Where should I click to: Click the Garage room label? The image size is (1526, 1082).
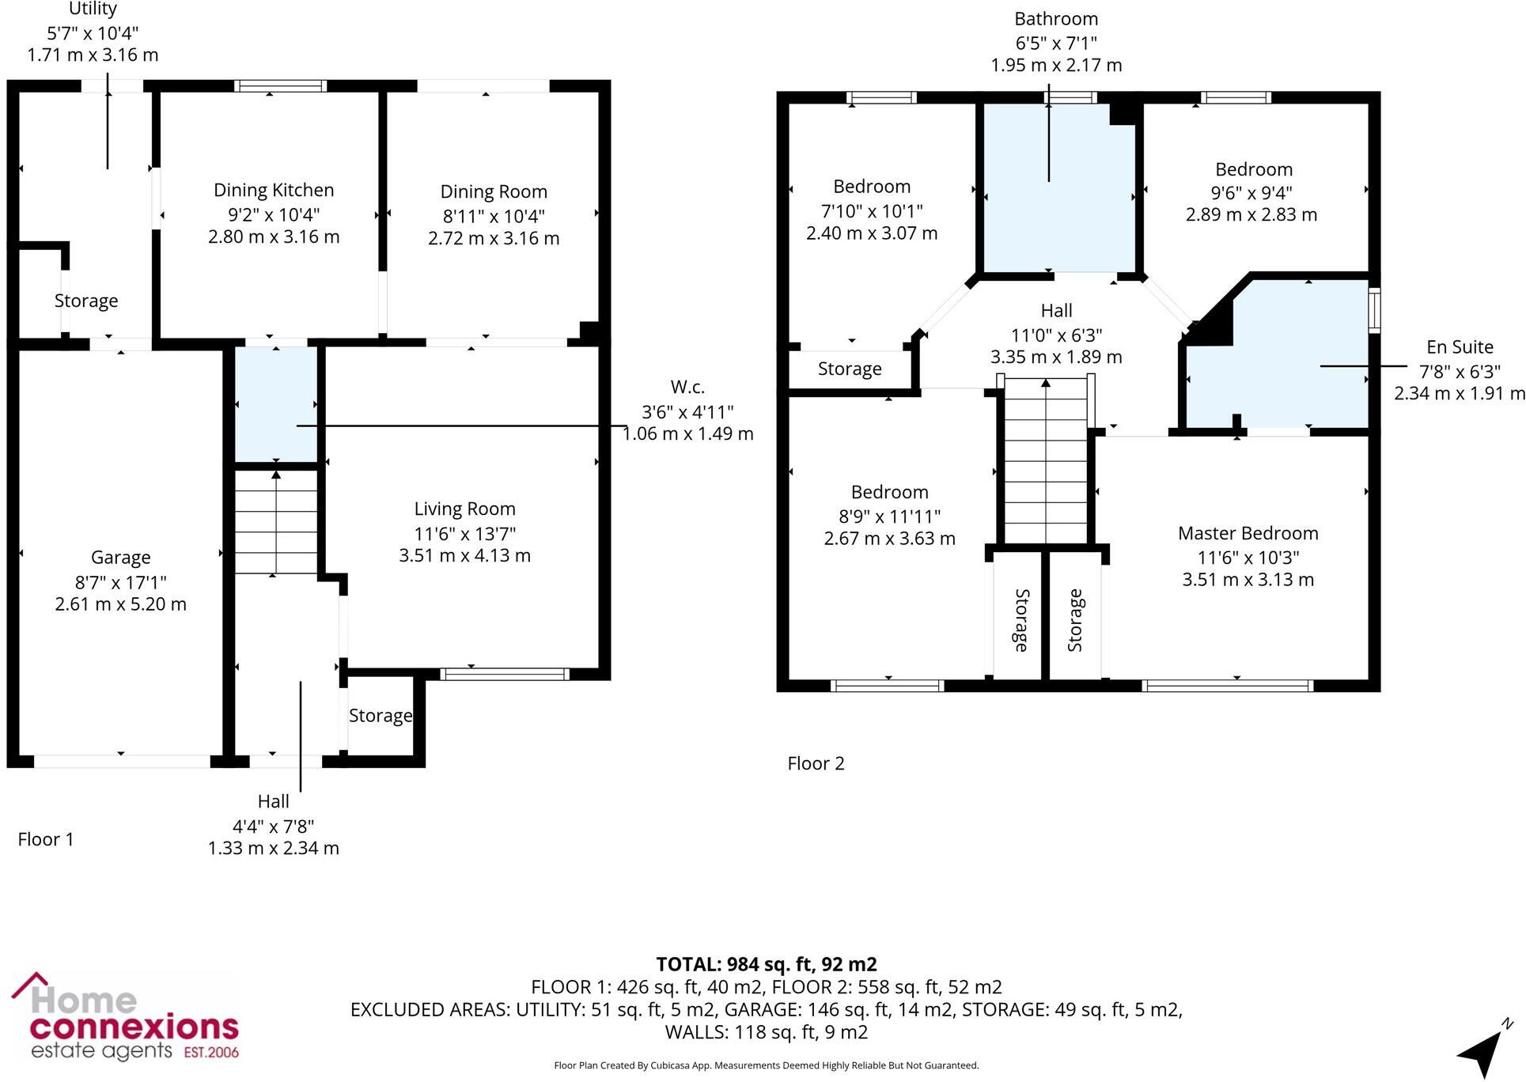coord(120,558)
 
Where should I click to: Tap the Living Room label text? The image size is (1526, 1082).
coord(464,509)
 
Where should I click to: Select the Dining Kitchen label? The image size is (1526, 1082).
coord(274,191)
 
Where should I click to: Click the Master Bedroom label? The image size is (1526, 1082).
coord(1248,534)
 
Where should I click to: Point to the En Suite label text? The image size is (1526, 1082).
coord(1460,347)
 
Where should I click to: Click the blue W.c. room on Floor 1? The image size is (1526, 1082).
coord(276,403)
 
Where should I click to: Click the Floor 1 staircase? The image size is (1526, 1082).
coord(275,522)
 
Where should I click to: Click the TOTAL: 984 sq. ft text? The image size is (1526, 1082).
coord(766,965)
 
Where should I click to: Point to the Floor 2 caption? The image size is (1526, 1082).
coord(816,764)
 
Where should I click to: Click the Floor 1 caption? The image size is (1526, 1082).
coord(46,840)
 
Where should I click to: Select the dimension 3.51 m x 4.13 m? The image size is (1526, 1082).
coord(464,556)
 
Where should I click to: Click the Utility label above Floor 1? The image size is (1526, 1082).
coord(93,9)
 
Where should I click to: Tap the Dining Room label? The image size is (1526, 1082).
coord(494,192)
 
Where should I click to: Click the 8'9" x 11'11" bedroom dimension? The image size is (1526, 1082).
coord(889,516)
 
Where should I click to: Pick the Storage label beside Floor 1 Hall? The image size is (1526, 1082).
coord(381,716)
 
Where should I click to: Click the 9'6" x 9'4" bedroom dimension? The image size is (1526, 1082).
coord(1251,193)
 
